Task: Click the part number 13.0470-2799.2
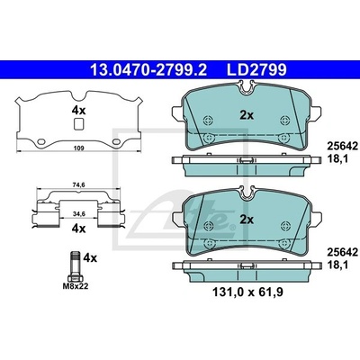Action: (148, 70)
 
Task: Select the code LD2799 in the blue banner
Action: (256, 70)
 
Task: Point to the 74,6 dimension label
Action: (79, 185)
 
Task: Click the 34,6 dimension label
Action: (79, 213)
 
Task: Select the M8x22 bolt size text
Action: (76, 286)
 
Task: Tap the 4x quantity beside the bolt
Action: (90, 258)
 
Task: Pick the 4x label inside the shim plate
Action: (78, 111)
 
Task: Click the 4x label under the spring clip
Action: (78, 229)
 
